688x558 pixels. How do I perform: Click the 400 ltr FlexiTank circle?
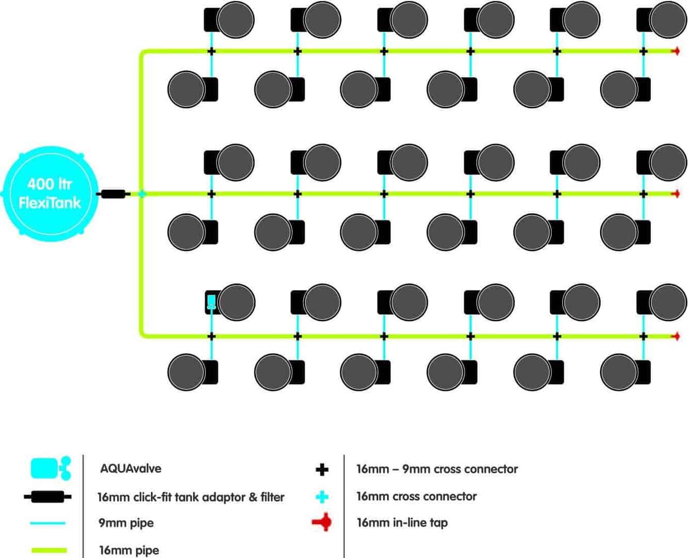51,194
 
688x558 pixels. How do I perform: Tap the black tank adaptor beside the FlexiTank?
113,194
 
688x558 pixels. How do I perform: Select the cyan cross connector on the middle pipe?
142,194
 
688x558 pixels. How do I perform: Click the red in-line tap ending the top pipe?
676,51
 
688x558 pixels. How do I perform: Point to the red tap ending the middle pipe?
676,194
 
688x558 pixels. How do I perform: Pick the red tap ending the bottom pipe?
676,336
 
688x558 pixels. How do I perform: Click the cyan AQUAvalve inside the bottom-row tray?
212,302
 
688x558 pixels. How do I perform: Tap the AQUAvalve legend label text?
131,469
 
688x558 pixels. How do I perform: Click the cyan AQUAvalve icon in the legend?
51,469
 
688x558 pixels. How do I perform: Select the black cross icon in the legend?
322,470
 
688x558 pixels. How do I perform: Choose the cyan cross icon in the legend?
322,497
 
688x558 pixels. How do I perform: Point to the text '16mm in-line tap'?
402,522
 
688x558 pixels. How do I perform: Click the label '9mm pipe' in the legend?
126,523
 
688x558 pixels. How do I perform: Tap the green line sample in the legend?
49,550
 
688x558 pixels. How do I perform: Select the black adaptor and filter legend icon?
48,497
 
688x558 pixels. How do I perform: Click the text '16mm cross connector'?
416,497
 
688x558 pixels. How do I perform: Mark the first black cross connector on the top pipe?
212,51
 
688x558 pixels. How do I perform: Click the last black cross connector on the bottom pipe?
643,336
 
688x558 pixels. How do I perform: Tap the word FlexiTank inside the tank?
50,203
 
